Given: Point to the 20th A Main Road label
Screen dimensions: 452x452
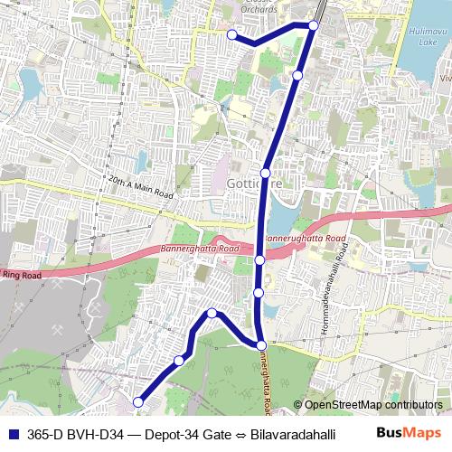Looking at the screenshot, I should (139, 187).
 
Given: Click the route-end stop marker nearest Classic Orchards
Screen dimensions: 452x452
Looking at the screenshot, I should (232, 34).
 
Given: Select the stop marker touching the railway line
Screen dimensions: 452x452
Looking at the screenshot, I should (313, 25).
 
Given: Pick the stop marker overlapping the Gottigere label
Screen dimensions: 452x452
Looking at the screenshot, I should (266, 172).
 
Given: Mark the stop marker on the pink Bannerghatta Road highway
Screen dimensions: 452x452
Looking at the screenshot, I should (259, 260).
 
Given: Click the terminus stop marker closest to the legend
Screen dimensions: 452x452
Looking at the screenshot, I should (138, 401).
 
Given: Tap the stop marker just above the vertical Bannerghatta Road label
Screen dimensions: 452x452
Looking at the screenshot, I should (260, 344).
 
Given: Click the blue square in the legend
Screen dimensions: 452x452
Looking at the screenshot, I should (12, 433).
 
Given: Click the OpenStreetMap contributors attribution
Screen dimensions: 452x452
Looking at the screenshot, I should (373, 406).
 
